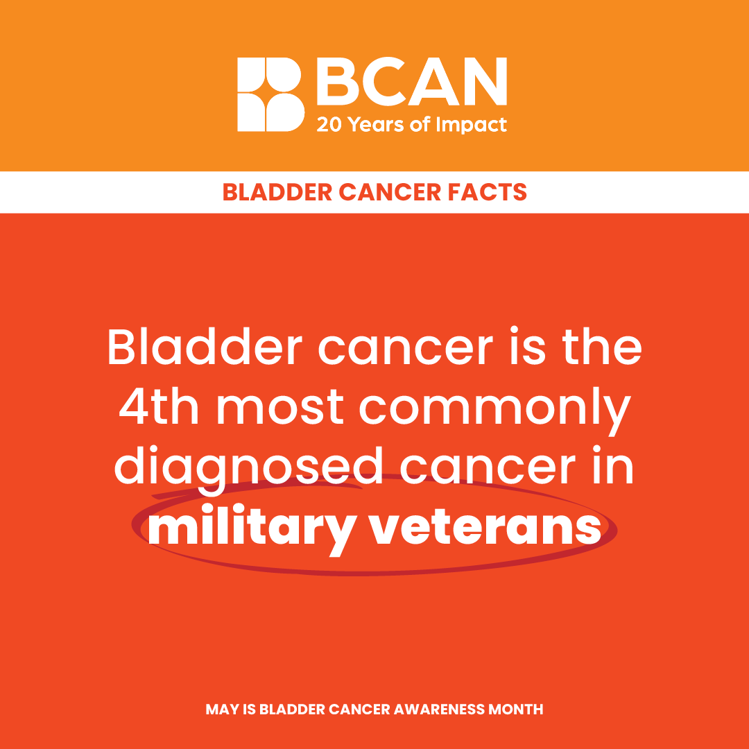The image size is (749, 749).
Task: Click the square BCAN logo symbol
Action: [x=271, y=94]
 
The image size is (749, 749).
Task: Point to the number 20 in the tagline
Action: [x=329, y=125]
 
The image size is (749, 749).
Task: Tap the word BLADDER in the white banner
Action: [x=277, y=192]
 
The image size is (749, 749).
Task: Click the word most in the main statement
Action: [x=280, y=409]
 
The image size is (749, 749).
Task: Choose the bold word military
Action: [x=252, y=530]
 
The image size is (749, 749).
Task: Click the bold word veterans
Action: [x=486, y=528]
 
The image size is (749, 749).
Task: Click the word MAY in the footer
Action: [x=223, y=709]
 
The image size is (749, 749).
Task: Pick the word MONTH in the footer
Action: [x=515, y=709]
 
